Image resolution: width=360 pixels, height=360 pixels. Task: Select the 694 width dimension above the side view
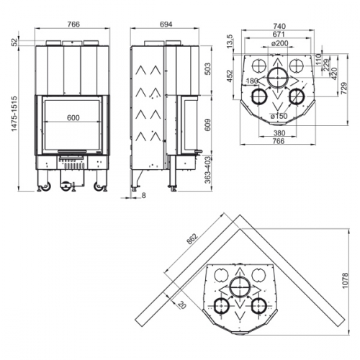click(x=166, y=24)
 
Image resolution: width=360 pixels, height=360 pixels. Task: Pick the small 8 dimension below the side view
click(x=143, y=195)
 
